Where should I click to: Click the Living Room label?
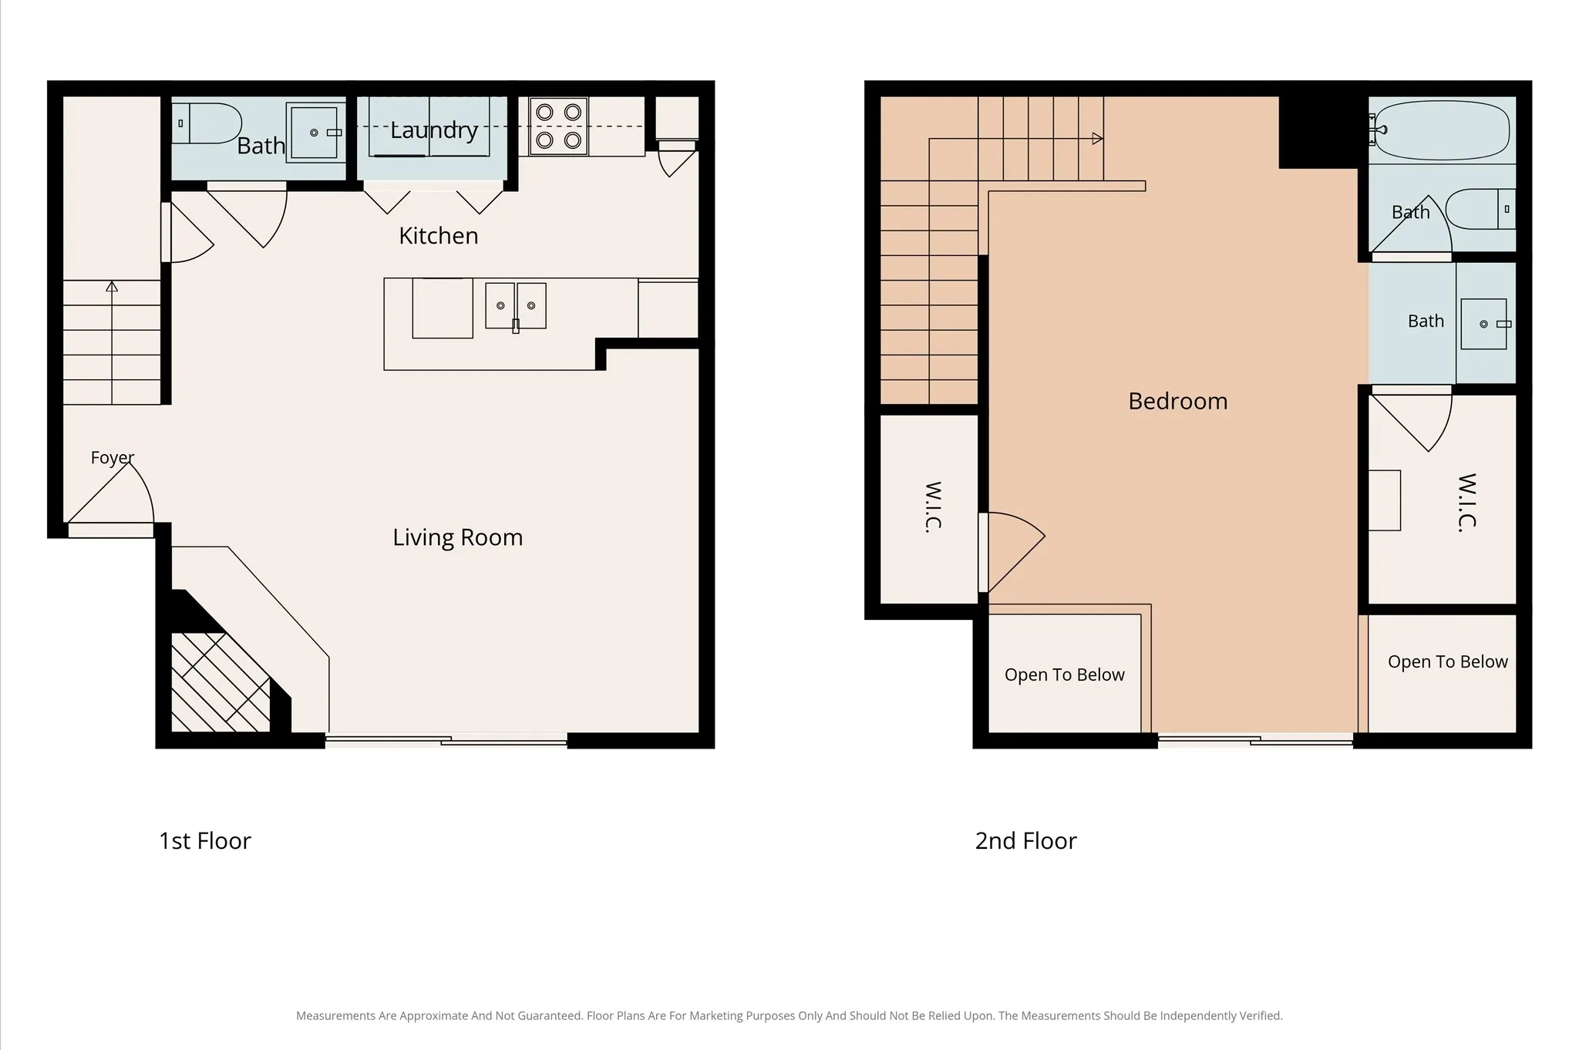[x=458, y=537]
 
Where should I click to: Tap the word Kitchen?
[x=439, y=236]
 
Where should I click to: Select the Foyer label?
[x=113, y=458]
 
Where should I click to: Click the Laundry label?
[x=434, y=130]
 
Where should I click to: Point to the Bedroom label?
[x=1178, y=401]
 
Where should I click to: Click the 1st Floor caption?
[x=205, y=841]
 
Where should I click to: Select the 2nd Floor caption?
[x=1026, y=841]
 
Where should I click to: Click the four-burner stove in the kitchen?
[x=558, y=126]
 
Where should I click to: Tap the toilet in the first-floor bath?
[x=207, y=123]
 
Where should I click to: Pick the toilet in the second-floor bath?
[x=1480, y=209]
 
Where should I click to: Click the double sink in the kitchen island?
[x=516, y=306]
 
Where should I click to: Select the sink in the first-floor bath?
[x=315, y=133]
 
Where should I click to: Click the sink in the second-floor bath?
[x=1484, y=324]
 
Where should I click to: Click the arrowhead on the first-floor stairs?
[x=112, y=287]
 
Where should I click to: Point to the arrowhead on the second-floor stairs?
[x=1098, y=139]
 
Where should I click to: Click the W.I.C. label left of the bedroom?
[x=933, y=506]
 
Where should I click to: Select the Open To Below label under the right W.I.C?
[x=1448, y=661]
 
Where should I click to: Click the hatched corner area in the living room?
[x=221, y=682]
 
